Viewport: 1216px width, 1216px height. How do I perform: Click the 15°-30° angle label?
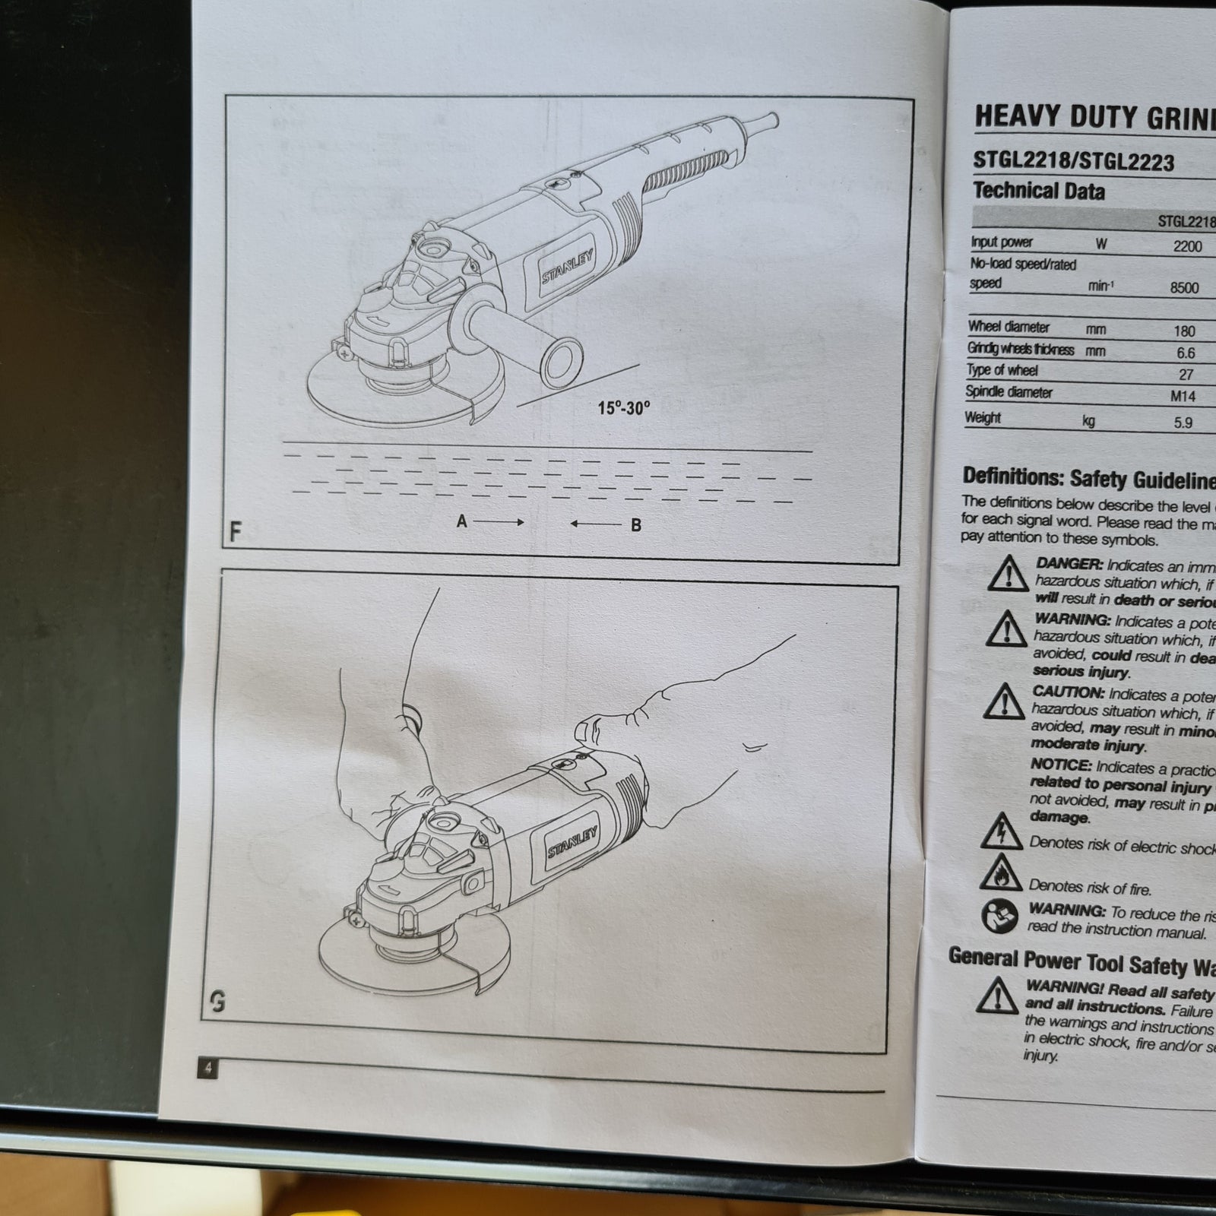623,408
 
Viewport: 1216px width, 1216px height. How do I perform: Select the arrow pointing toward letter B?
595,524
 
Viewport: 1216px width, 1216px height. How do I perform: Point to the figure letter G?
217,1004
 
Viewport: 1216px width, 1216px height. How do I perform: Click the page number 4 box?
207,1068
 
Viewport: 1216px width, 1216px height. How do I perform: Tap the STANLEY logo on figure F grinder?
567,267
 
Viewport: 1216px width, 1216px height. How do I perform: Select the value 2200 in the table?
1187,246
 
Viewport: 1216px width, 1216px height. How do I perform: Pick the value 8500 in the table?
1184,287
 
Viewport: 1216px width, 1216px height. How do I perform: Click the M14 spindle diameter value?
1183,396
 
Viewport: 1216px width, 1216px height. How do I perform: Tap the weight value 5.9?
1183,423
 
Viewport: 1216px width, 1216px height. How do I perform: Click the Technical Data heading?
1038,190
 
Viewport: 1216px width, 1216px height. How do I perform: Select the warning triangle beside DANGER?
1008,574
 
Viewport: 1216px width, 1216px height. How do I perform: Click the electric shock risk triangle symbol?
1001,834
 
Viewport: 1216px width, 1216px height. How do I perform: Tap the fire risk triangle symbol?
1000,874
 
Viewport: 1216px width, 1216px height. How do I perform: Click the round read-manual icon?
999,917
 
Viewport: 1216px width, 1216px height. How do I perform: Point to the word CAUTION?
1068,692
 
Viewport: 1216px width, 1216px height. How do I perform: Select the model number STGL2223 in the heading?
1126,162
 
